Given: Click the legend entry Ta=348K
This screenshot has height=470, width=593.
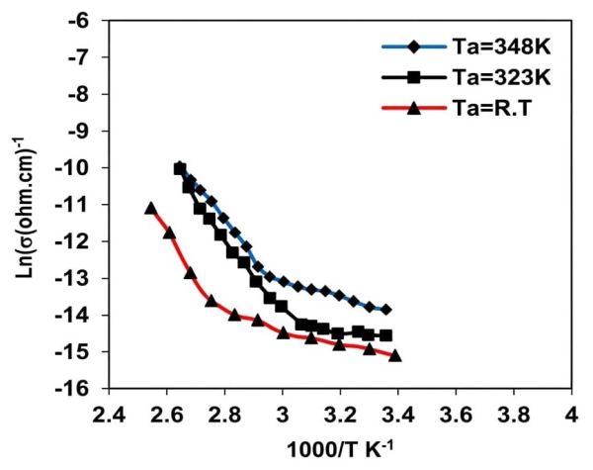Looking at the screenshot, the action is point(501,47).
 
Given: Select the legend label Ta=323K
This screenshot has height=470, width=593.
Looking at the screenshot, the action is point(501,78).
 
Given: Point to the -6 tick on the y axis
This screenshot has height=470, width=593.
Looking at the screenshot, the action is point(79,20).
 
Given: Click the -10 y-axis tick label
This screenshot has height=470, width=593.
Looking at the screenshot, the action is point(73,167).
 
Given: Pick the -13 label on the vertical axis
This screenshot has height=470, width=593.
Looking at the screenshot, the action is point(73,278).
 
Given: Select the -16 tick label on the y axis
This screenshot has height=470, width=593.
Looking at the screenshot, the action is point(73,389).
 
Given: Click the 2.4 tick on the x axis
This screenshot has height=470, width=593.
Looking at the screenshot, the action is point(109,415).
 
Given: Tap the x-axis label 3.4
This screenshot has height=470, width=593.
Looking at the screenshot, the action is point(398,415).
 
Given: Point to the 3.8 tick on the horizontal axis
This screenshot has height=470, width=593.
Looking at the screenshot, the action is point(513,415).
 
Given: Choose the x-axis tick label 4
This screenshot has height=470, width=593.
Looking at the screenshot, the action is point(572,415).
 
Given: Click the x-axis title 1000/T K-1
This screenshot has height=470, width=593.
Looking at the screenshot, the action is point(340,449).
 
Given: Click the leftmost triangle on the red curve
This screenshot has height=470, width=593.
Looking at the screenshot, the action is point(151,208).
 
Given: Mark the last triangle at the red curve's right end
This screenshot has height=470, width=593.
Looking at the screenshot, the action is point(394,355).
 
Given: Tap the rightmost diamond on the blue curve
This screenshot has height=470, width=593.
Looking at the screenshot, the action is point(385,310).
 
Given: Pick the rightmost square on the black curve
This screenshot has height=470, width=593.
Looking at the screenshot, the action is point(385,335).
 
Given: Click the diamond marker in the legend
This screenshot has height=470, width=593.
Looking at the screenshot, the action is point(414,47).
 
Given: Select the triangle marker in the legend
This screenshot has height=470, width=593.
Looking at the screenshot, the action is point(414,109).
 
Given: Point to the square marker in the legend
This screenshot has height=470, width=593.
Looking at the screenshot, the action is point(414,78).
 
